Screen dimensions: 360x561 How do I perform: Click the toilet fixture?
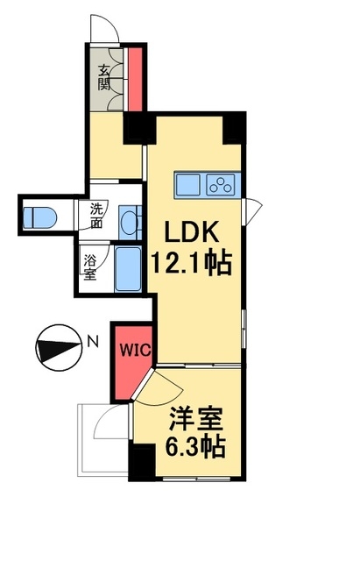[x=39, y=217]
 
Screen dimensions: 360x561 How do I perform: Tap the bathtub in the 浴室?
[x=128, y=268]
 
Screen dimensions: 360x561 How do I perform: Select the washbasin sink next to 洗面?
[x=130, y=222]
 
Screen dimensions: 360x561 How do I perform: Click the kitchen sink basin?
[x=187, y=185]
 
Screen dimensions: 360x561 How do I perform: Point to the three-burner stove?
[x=220, y=185]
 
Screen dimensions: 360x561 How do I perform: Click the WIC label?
[x=135, y=350]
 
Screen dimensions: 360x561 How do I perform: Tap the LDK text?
[x=191, y=232]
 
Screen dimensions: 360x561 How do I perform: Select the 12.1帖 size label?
[x=192, y=264]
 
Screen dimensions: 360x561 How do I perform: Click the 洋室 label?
[x=196, y=419]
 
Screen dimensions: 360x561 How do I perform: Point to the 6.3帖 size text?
[x=195, y=446]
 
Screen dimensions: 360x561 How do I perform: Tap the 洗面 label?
[x=96, y=216]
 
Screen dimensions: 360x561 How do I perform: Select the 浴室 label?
[x=90, y=267]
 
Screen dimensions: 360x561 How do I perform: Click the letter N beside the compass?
[x=93, y=342]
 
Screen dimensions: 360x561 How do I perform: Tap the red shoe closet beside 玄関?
[x=135, y=79]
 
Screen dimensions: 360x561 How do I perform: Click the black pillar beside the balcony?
[x=142, y=462]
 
